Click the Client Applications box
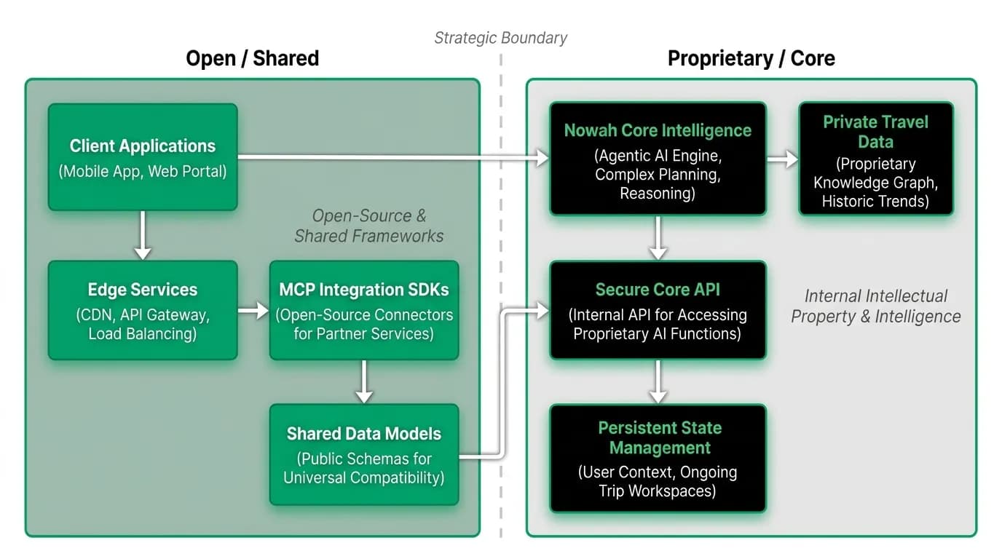coord(143,157)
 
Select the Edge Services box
coord(143,310)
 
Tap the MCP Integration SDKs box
coord(364,310)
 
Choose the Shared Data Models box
coord(364,455)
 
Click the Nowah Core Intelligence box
coord(658,159)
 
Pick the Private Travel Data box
coord(876,159)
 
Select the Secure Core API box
coord(658,310)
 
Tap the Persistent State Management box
coord(658,459)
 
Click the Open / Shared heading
coord(252,58)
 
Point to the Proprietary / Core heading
coord(751,58)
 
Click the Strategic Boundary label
coord(500,38)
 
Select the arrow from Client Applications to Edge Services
coord(143,235)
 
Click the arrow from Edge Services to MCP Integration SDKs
coord(253,310)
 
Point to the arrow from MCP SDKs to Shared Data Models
coord(364,381)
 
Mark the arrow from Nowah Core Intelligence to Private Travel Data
coord(782,159)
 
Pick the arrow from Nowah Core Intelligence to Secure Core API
coord(658,238)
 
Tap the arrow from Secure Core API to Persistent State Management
coord(658,381)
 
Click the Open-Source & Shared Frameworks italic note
coord(369,226)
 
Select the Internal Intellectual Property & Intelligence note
coord(876,306)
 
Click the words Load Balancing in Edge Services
coord(142,334)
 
